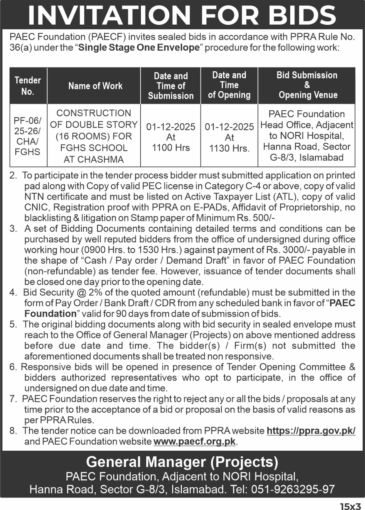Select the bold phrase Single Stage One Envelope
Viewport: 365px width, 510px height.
pyautogui.click(x=139, y=48)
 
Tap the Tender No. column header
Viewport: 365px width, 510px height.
pyautogui.click(x=28, y=86)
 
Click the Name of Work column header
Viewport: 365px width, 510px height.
pyautogui.click(x=95, y=86)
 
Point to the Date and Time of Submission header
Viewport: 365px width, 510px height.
pyautogui.click(x=171, y=86)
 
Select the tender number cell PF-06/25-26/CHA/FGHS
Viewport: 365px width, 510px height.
pyautogui.click(x=28, y=136)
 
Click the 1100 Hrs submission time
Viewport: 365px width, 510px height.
pyautogui.click(x=171, y=148)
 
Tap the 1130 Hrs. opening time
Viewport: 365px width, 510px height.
pyautogui.click(x=229, y=148)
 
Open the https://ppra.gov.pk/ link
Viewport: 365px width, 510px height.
pyautogui.click(x=311, y=431)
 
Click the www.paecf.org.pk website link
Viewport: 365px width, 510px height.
pyautogui.click(x=194, y=441)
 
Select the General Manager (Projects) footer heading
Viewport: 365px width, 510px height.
pyautogui.click(x=182, y=462)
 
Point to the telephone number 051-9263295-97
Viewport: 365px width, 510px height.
pyautogui.click(x=293, y=489)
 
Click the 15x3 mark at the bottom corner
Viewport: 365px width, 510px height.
pyautogui.click(x=350, y=506)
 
